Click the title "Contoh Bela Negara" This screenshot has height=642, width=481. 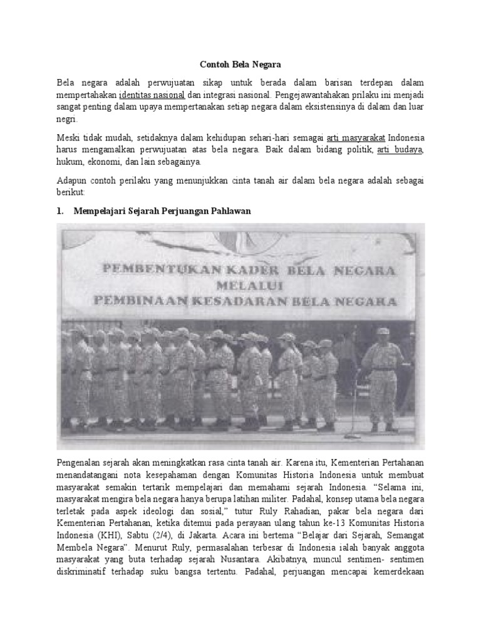tap(240, 64)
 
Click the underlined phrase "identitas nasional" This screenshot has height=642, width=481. tap(152, 95)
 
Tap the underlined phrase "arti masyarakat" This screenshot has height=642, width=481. tap(356, 137)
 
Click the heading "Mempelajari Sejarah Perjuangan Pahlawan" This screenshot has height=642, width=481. tap(162, 211)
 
